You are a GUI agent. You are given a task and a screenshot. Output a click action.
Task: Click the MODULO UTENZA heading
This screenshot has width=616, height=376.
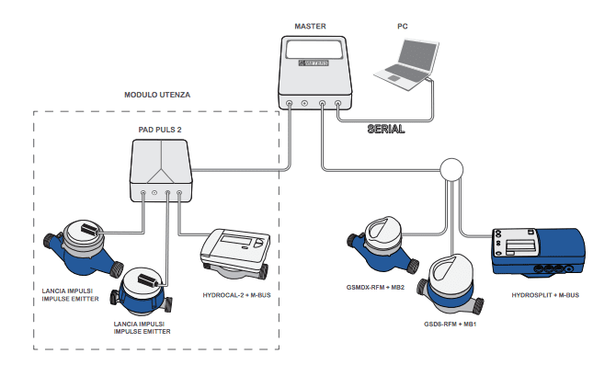click(x=157, y=95)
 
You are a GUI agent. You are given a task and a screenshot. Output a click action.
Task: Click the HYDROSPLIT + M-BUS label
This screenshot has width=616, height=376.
click(x=545, y=295)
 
